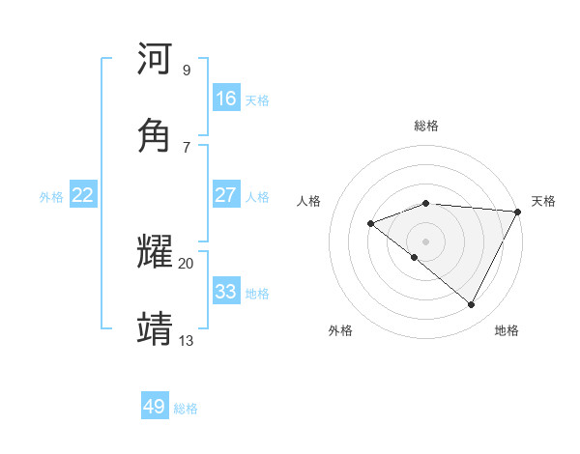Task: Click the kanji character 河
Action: click(155, 60)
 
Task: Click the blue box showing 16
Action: click(226, 99)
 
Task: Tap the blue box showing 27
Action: click(226, 195)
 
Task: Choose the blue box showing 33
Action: click(226, 292)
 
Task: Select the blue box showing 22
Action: click(83, 195)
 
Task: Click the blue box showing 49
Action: click(155, 407)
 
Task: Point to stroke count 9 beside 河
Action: click(187, 70)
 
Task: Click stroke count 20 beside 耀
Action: click(186, 263)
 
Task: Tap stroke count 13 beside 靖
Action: click(186, 340)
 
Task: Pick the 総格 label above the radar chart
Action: click(426, 126)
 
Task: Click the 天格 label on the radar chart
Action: click(543, 201)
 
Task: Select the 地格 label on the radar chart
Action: click(507, 330)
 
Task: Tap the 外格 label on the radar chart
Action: click(340, 330)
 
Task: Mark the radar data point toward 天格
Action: click(518, 212)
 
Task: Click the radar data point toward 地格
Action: click(472, 305)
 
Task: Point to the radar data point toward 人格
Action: click(371, 224)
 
